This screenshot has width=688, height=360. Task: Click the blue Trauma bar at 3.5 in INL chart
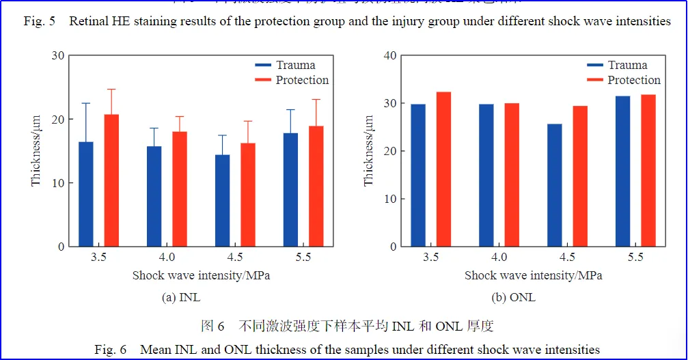point(86,194)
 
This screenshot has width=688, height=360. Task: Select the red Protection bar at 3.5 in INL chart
point(111,180)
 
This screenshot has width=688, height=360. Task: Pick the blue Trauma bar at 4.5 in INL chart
point(222,201)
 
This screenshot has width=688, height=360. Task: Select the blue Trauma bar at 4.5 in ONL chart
point(554,185)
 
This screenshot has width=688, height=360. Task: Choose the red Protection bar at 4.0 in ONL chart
point(512,175)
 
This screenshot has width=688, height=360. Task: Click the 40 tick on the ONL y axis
point(389,55)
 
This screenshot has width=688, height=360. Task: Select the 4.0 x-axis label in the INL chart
point(167,258)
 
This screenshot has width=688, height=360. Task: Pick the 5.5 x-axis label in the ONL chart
point(635,258)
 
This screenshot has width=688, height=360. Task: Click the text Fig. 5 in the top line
point(39,21)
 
